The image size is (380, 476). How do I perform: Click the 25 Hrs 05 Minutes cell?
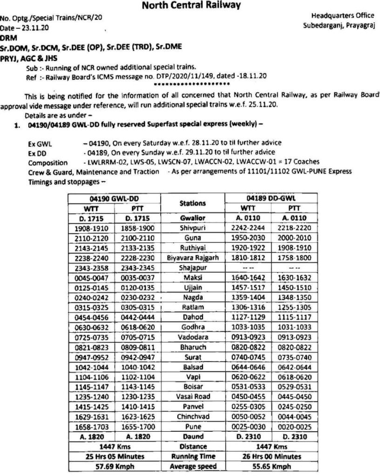115,456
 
